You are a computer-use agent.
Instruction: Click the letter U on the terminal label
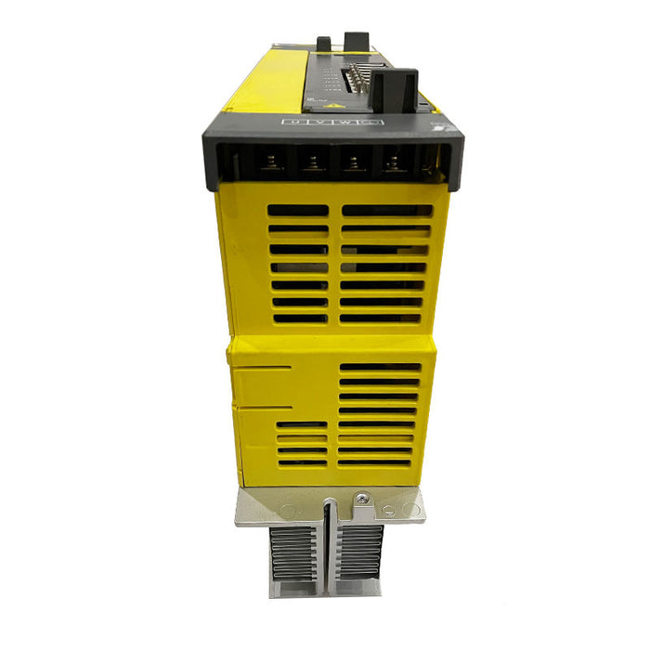coord(294,122)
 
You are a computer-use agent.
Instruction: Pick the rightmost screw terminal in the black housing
coord(394,164)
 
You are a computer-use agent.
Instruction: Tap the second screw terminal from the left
coord(313,164)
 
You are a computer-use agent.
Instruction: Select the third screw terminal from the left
coord(354,164)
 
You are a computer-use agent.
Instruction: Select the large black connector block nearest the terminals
coord(395,88)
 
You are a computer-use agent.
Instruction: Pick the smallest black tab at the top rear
coord(323,43)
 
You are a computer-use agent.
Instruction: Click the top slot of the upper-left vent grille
coord(298,211)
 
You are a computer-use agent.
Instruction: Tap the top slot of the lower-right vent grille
coord(379,367)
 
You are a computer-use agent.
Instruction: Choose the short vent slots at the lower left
coord(302,444)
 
